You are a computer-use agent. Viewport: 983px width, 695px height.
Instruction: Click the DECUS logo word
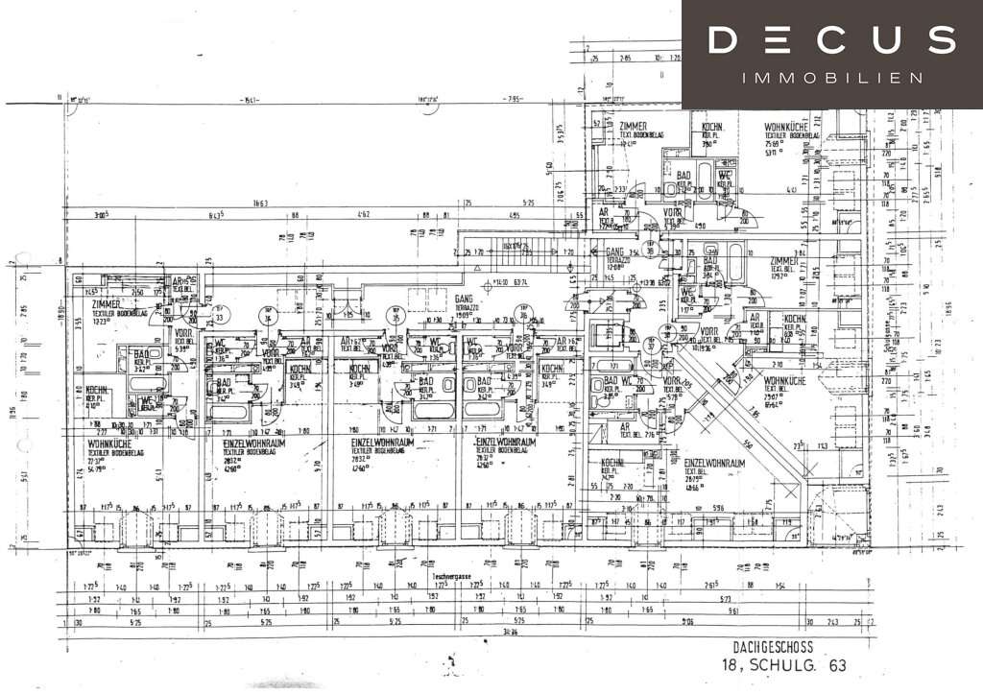[832, 40]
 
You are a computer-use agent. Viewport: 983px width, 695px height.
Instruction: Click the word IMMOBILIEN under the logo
[832, 77]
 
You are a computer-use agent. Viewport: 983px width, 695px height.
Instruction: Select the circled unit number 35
[394, 313]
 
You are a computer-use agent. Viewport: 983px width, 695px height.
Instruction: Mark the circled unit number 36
[524, 313]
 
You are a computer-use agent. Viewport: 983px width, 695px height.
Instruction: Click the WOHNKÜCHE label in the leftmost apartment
[108, 443]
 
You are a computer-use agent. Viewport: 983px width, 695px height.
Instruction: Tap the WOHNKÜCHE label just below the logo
[792, 127]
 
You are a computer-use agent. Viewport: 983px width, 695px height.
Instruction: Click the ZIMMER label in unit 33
[112, 303]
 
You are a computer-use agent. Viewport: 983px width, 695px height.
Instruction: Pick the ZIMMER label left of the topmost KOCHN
[634, 126]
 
